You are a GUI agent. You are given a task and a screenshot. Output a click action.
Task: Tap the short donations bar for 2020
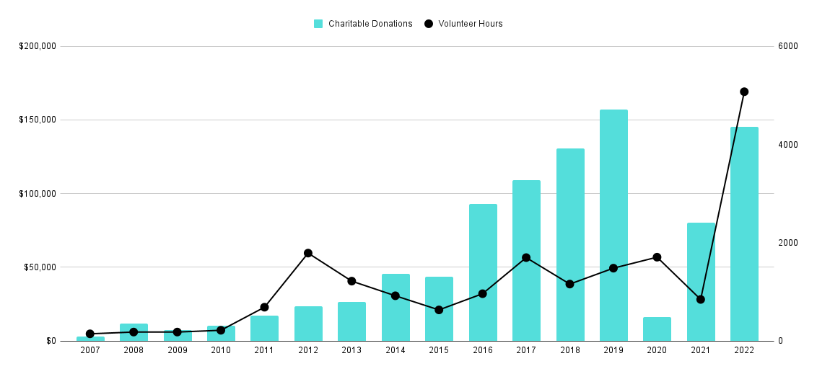657,329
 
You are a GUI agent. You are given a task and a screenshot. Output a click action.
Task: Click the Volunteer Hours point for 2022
744,92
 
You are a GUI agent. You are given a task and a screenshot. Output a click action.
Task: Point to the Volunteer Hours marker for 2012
308,253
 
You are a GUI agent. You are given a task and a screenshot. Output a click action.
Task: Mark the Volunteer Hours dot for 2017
526,257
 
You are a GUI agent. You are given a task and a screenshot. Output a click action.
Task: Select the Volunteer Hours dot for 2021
700,299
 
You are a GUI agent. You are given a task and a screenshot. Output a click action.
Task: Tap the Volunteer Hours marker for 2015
439,310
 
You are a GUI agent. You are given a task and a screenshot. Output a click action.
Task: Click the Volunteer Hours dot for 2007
90,334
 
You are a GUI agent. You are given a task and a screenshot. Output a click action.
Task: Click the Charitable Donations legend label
370,24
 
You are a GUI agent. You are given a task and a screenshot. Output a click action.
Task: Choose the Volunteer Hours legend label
470,24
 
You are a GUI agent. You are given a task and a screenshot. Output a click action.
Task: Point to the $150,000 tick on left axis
38,120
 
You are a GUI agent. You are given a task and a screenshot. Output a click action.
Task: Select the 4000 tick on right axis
788,145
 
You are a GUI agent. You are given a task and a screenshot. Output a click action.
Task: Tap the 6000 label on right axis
788,46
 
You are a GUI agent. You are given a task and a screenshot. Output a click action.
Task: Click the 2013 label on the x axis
351,350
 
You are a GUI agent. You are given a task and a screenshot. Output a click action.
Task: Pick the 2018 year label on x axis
569,350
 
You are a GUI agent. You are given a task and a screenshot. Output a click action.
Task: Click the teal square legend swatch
318,24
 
